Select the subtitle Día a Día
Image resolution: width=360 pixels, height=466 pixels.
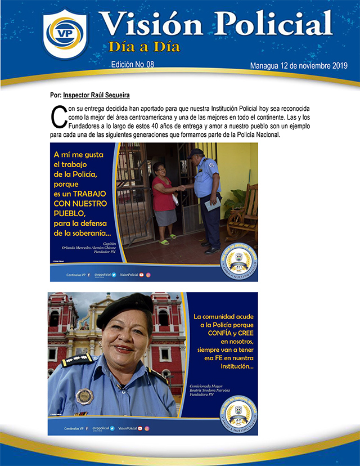pyautogui.click(x=145, y=46)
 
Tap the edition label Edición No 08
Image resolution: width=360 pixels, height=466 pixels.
pyautogui.click(x=133, y=65)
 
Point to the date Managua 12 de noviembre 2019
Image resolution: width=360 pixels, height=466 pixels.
pyautogui.click(x=299, y=66)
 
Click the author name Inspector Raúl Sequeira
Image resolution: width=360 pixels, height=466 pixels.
pyautogui.click(x=97, y=95)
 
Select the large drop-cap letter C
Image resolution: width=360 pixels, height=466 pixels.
pyautogui.click(x=56, y=116)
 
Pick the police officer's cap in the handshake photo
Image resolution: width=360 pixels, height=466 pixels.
pyautogui.click(x=196, y=153)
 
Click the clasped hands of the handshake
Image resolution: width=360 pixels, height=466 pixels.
pyautogui.click(x=183, y=188)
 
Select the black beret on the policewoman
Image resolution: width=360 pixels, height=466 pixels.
pyautogui.click(x=124, y=311)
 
